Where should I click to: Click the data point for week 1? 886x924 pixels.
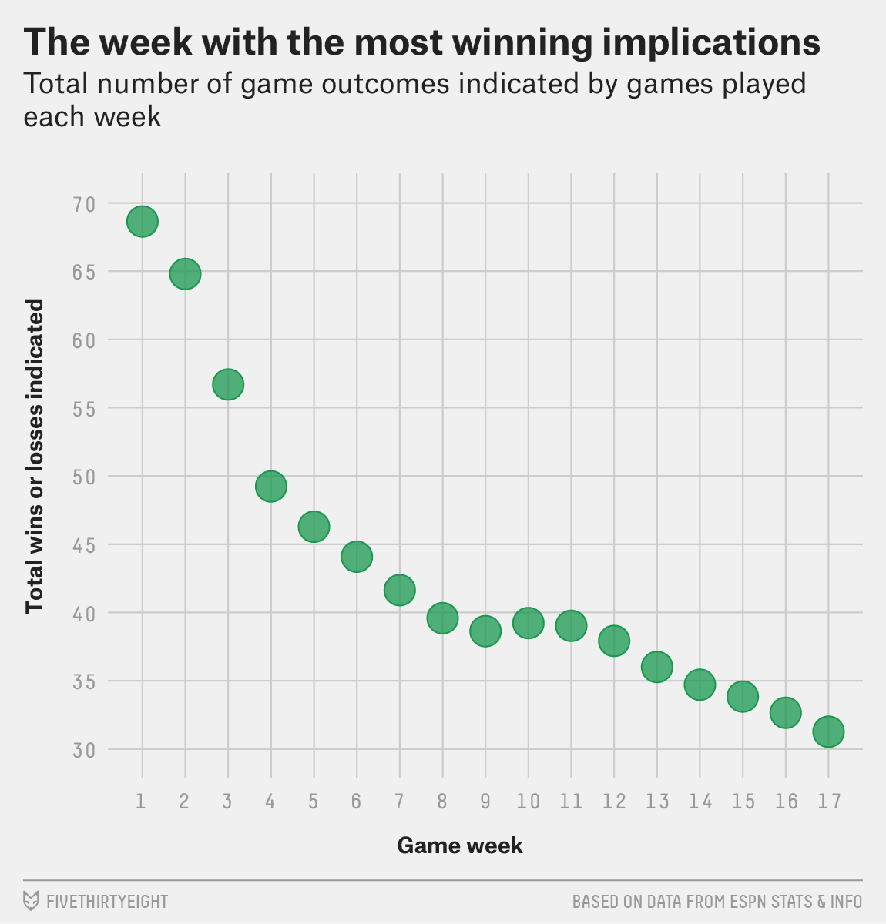[x=143, y=222]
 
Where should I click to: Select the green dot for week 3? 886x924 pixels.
[x=228, y=384]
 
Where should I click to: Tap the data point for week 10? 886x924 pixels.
[x=528, y=623]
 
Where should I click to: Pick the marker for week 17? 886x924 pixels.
[x=828, y=731]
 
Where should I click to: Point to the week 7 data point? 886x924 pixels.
[x=400, y=591]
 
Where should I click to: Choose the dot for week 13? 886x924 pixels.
[x=656, y=667]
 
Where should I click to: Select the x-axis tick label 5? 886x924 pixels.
[x=313, y=802]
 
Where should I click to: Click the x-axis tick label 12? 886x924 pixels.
[x=614, y=802]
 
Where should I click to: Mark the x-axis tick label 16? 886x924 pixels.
[x=786, y=802]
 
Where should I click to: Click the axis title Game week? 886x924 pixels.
[x=460, y=845]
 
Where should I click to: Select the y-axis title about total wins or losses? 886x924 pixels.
[x=34, y=456]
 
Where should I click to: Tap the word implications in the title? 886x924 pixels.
[x=710, y=42]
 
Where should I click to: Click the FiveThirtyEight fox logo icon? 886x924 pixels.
[x=32, y=900]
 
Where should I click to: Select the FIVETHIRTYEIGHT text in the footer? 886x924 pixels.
[x=107, y=901]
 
